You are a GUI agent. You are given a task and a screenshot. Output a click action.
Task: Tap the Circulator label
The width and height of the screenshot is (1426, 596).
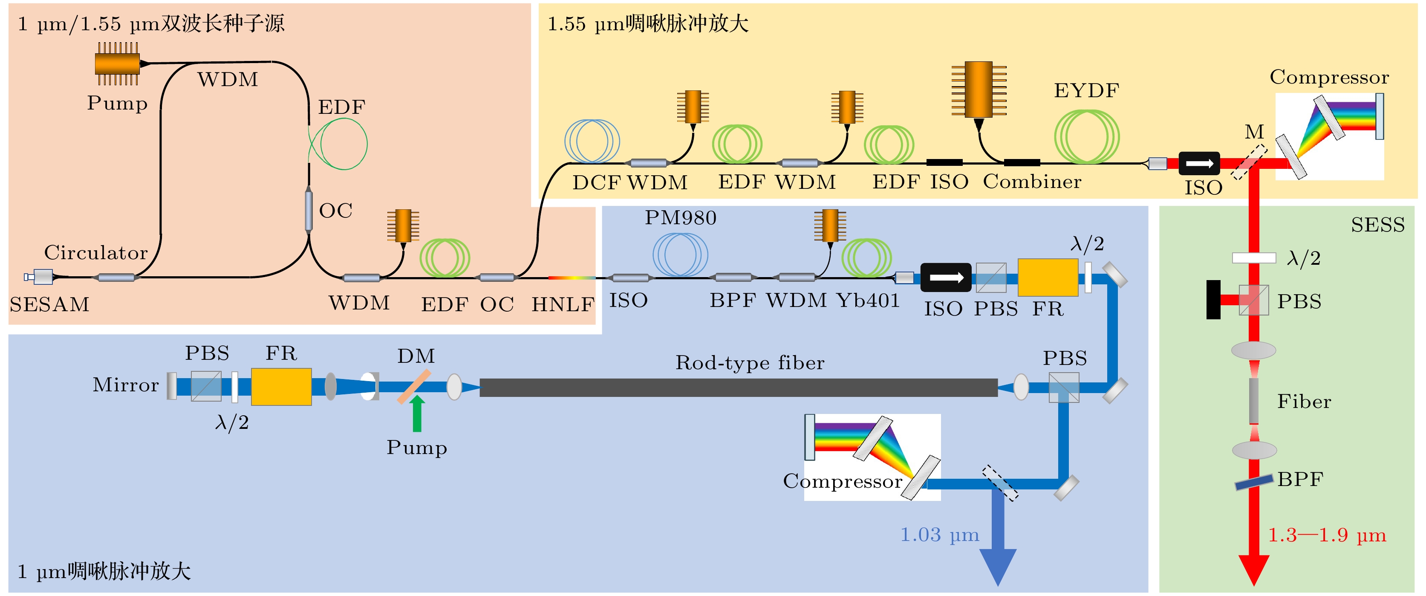click(x=96, y=252)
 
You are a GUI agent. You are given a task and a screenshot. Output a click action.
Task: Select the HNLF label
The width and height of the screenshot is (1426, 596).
click(x=563, y=304)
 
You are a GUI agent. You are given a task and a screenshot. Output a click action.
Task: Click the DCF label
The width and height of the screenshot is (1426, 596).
click(x=596, y=182)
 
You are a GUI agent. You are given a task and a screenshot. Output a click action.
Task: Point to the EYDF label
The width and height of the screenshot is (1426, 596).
click(x=1086, y=90)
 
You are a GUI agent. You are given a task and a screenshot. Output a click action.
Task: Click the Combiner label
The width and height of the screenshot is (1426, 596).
click(x=1032, y=182)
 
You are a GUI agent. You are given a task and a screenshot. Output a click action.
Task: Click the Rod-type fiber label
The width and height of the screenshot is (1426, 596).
click(x=750, y=363)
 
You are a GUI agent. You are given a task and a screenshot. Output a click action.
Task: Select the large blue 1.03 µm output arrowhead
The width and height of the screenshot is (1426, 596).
click(x=998, y=566)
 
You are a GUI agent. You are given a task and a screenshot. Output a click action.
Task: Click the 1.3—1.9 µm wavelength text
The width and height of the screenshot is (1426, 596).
click(x=1326, y=535)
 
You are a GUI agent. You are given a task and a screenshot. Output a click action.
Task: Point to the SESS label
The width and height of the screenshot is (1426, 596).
click(x=1377, y=225)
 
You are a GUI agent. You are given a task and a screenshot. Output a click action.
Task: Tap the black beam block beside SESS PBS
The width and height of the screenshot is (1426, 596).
click(x=1213, y=300)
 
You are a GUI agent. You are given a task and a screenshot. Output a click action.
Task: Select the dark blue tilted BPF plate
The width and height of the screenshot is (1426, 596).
click(x=1254, y=482)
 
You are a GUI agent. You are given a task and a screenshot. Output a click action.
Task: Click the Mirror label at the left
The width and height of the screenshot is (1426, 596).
click(x=126, y=385)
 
